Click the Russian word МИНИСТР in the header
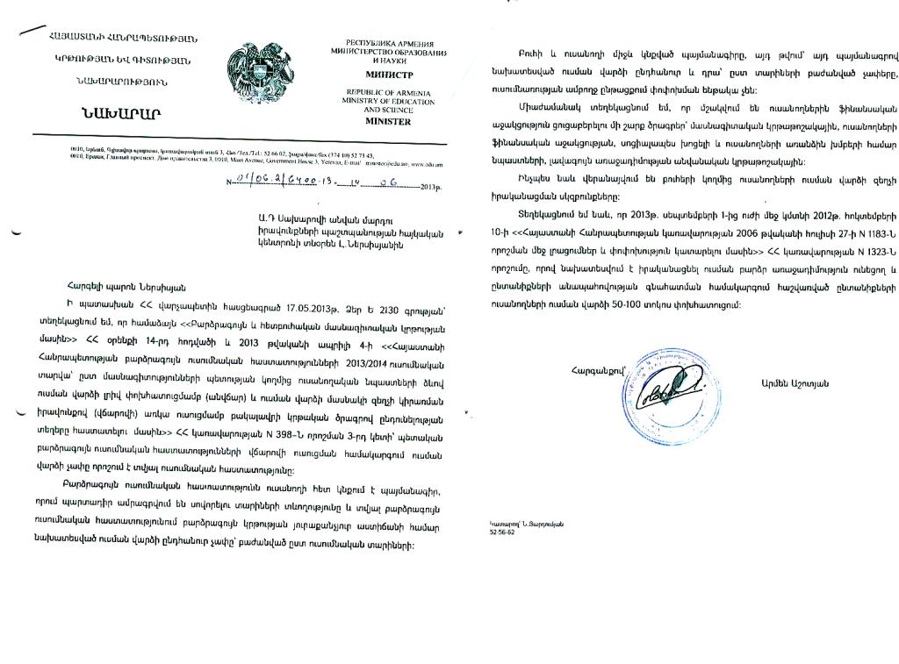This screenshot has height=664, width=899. (x=379, y=75)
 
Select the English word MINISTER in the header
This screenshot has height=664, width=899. (x=379, y=121)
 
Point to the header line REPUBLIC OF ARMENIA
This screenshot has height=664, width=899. (x=379, y=91)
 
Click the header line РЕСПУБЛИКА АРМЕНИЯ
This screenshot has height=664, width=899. (x=379, y=42)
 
